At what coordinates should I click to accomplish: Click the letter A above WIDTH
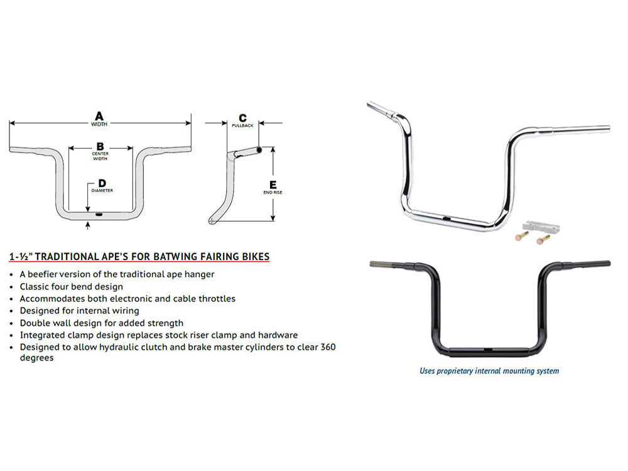[x=99, y=116]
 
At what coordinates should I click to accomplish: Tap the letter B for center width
[x=99, y=146]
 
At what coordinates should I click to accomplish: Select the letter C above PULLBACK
[x=242, y=118]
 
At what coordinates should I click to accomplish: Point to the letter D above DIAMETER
[x=102, y=183]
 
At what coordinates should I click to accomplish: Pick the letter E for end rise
[x=272, y=184]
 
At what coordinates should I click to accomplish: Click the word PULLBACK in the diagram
[x=242, y=126]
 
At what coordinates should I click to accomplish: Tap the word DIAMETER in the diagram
[x=102, y=190]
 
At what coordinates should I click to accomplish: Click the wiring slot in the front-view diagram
[x=99, y=214]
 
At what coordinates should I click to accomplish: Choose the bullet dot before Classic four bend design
[x=13, y=286]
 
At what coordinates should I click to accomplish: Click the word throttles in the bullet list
[x=215, y=298]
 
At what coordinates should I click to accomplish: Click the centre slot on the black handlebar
[x=487, y=347]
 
